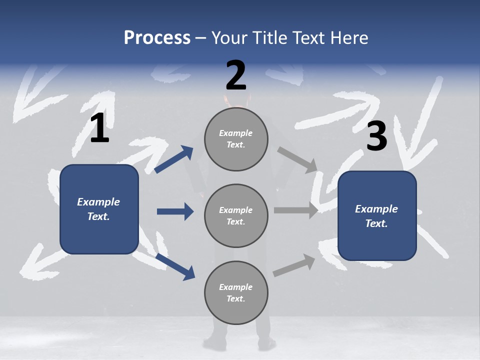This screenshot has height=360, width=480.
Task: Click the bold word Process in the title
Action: [x=157, y=38]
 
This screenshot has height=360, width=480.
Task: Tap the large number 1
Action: [x=99, y=128]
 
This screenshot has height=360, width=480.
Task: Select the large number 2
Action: [x=236, y=75]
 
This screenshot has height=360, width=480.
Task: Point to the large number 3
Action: [x=377, y=136]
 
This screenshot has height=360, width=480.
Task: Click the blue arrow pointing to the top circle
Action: [x=173, y=159]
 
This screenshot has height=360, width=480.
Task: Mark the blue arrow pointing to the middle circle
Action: [x=175, y=211]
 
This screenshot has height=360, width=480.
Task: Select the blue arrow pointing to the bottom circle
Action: [x=175, y=266]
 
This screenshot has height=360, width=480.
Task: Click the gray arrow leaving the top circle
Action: [x=297, y=159]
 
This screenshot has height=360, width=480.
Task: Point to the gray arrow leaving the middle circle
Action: [x=296, y=210]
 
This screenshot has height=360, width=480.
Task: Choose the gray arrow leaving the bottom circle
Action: [x=294, y=265]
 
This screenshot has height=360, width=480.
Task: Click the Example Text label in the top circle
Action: [x=236, y=139]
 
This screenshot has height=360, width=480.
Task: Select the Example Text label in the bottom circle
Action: [x=236, y=293]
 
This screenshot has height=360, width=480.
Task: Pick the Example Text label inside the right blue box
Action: [x=376, y=216]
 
